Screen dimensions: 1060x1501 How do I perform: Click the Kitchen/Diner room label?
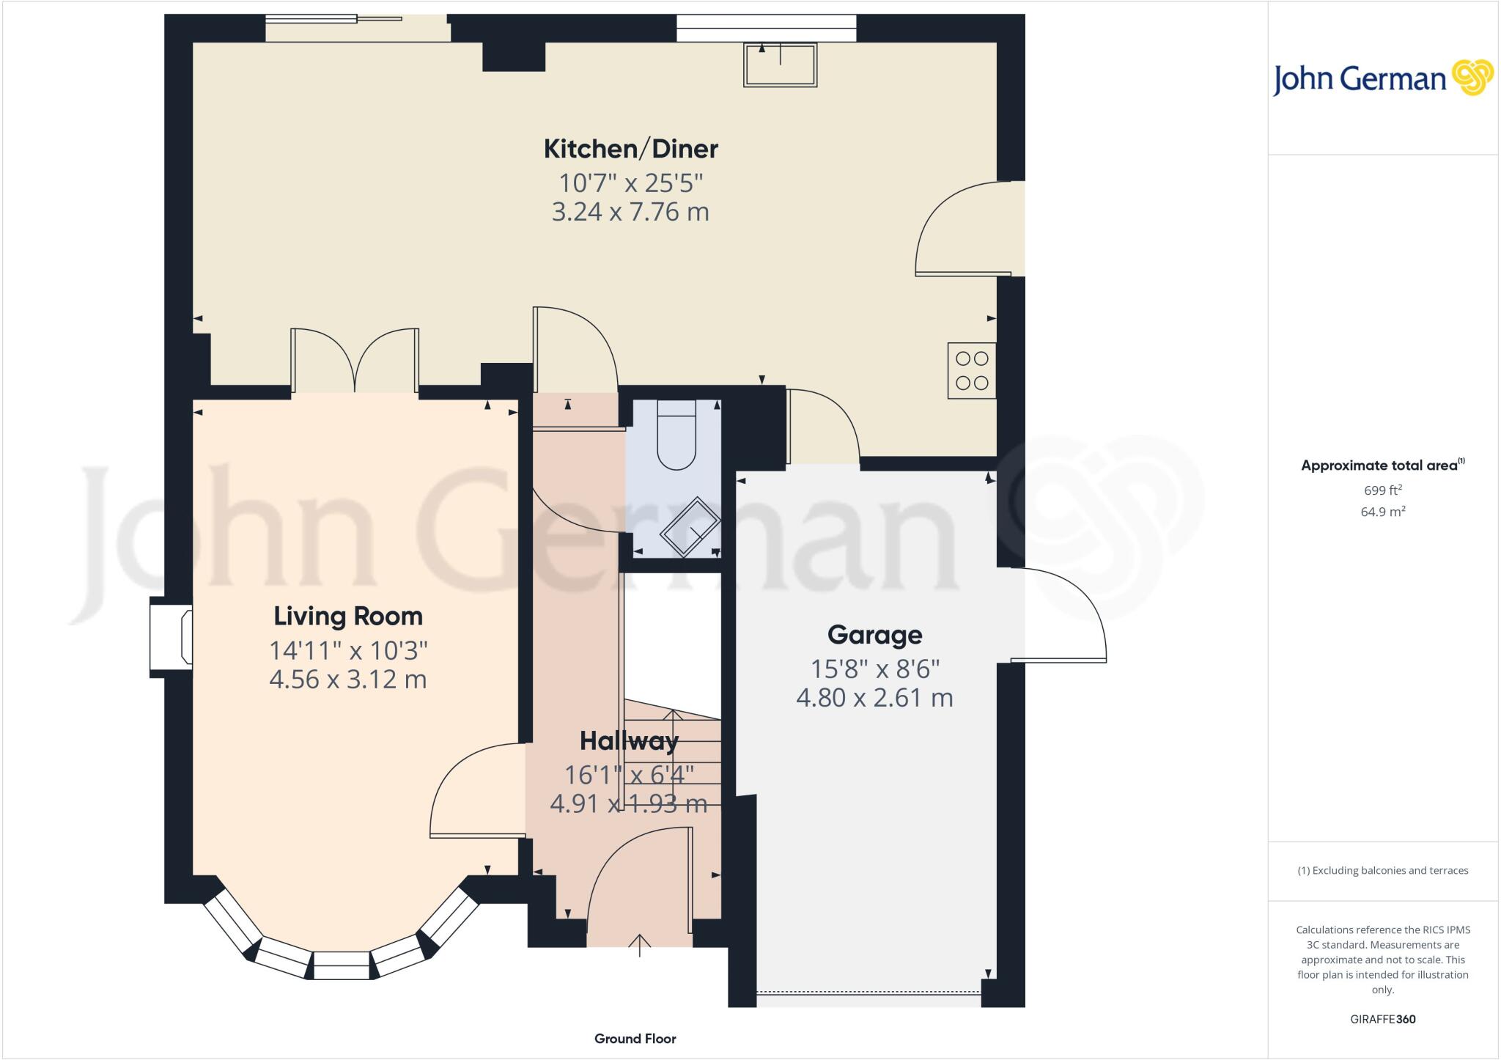tap(630, 149)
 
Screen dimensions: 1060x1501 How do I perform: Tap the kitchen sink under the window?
tap(780, 65)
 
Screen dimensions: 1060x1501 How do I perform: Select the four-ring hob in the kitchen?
tap(972, 371)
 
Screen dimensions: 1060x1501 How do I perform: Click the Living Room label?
tap(348, 617)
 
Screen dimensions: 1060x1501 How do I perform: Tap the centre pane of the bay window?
tap(342, 965)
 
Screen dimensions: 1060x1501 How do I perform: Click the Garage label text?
tap(874, 635)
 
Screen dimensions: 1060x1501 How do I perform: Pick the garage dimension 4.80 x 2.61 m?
tap(874, 697)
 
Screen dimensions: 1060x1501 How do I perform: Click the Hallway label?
tap(629, 741)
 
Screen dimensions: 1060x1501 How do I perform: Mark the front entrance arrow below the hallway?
tap(640, 945)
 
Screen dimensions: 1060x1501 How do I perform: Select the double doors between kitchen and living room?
tap(355, 361)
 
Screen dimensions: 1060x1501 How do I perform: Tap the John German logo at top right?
tap(1382, 78)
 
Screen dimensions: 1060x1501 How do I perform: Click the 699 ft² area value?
tap(1382, 490)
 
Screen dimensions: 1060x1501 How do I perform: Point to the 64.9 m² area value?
tap(1382, 512)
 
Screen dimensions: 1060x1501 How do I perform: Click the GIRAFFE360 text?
tap(1382, 1019)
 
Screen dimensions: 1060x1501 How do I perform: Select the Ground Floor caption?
tap(635, 1038)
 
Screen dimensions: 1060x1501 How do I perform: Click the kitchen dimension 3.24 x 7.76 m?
tap(630, 212)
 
